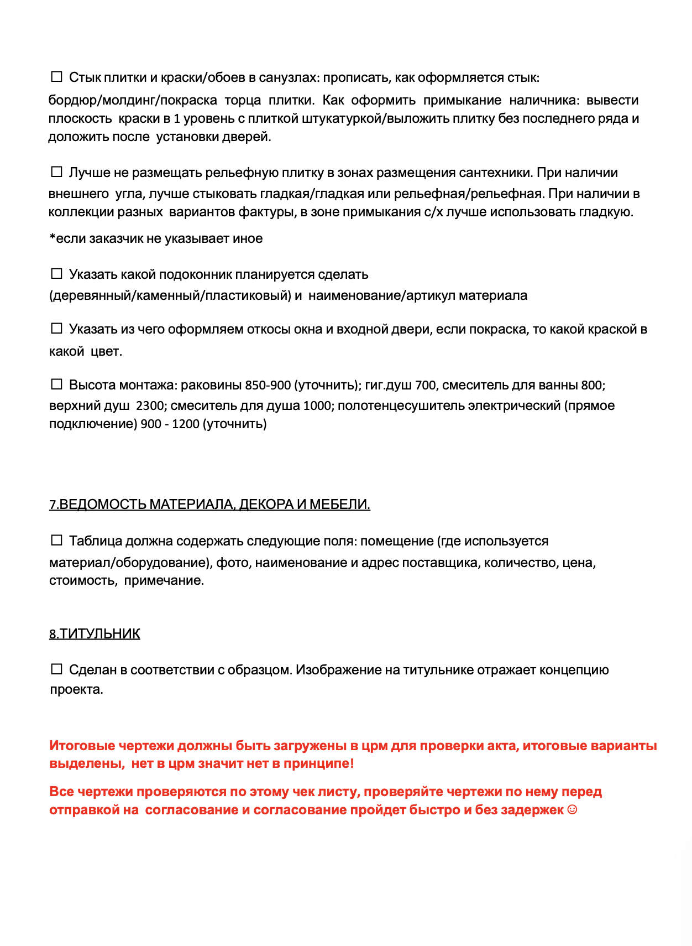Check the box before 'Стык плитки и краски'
56,76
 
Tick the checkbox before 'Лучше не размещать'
56,171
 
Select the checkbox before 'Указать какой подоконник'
56,273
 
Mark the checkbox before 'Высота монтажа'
56,384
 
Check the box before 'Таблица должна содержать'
56,540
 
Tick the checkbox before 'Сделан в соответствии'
56,669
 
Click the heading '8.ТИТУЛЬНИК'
95,634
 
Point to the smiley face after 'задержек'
572,810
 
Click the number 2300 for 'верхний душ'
150,406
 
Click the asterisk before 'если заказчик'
53,238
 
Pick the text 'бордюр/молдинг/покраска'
133,100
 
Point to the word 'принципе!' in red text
319,763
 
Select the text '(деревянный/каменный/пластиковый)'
170,295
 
